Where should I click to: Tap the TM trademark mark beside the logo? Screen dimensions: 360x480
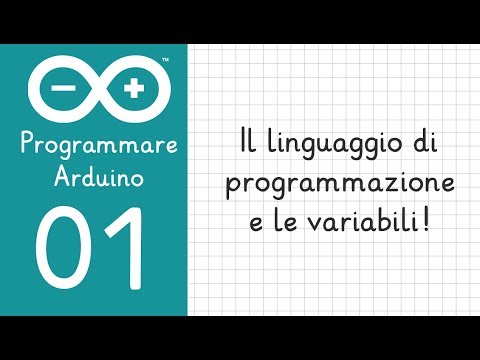pos(164,61)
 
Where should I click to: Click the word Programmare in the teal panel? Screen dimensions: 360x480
pos(98,147)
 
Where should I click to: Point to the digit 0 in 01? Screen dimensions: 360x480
pos(66,247)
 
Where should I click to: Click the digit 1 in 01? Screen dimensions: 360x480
pos(127,247)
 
